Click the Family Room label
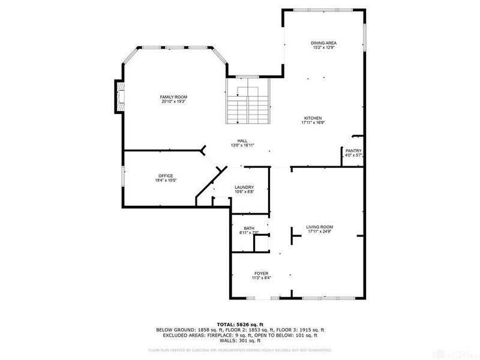coord(174,97)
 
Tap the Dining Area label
coord(323,43)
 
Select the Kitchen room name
coord(313,118)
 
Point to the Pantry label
coord(353,151)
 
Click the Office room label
coord(166,176)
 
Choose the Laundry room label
coord(244,187)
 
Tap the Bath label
coord(249,227)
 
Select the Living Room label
coord(320,227)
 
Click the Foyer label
coord(260,273)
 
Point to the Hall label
coord(242,141)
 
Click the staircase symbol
coord(248,104)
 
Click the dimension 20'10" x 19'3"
coord(174,101)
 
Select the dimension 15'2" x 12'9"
coord(323,47)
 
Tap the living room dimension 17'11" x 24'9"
coord(320,232)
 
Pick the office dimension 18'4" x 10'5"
coord(166,180)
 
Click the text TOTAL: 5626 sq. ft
coord(240,324)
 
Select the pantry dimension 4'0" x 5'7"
coord(353,155)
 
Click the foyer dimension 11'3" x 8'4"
coord(260,278)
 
